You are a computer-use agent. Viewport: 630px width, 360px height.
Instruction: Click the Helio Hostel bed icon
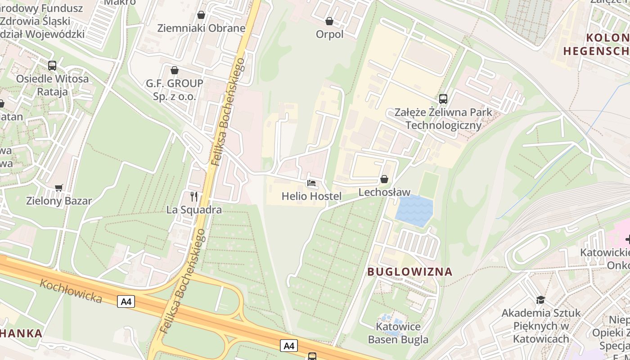(311, 183)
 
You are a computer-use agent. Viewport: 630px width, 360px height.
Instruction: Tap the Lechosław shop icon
(384, 179)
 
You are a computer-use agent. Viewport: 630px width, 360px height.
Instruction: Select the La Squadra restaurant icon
(194, 196)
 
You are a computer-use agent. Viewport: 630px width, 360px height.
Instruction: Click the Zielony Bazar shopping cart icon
(58, 187)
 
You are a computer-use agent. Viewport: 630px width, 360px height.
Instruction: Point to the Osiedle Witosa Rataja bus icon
(52, 65)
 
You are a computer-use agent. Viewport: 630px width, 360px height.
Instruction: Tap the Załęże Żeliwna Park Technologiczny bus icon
(443, 99)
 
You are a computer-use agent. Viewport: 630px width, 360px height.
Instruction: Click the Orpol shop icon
(329, 21)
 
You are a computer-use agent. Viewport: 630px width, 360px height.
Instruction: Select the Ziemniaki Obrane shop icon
(201, 15)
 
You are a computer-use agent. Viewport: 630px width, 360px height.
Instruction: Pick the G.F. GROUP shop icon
(175, 70)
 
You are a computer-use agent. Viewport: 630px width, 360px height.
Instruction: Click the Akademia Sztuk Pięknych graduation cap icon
(540, 299)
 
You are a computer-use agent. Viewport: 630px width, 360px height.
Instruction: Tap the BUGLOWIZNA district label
(409, 272)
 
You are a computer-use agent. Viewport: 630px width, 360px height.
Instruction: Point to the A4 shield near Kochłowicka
(126, 301)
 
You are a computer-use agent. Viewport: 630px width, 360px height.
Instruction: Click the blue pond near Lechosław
(414, 211)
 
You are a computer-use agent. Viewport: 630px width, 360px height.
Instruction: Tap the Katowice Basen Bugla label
(398, 333)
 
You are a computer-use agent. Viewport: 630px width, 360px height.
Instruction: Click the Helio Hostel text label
(311, 196)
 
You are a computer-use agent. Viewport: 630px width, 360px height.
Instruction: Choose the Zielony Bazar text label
(59, 201)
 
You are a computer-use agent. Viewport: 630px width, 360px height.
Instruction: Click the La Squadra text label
(194, 210)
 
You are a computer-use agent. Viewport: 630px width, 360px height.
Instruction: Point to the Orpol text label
(329, 34)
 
